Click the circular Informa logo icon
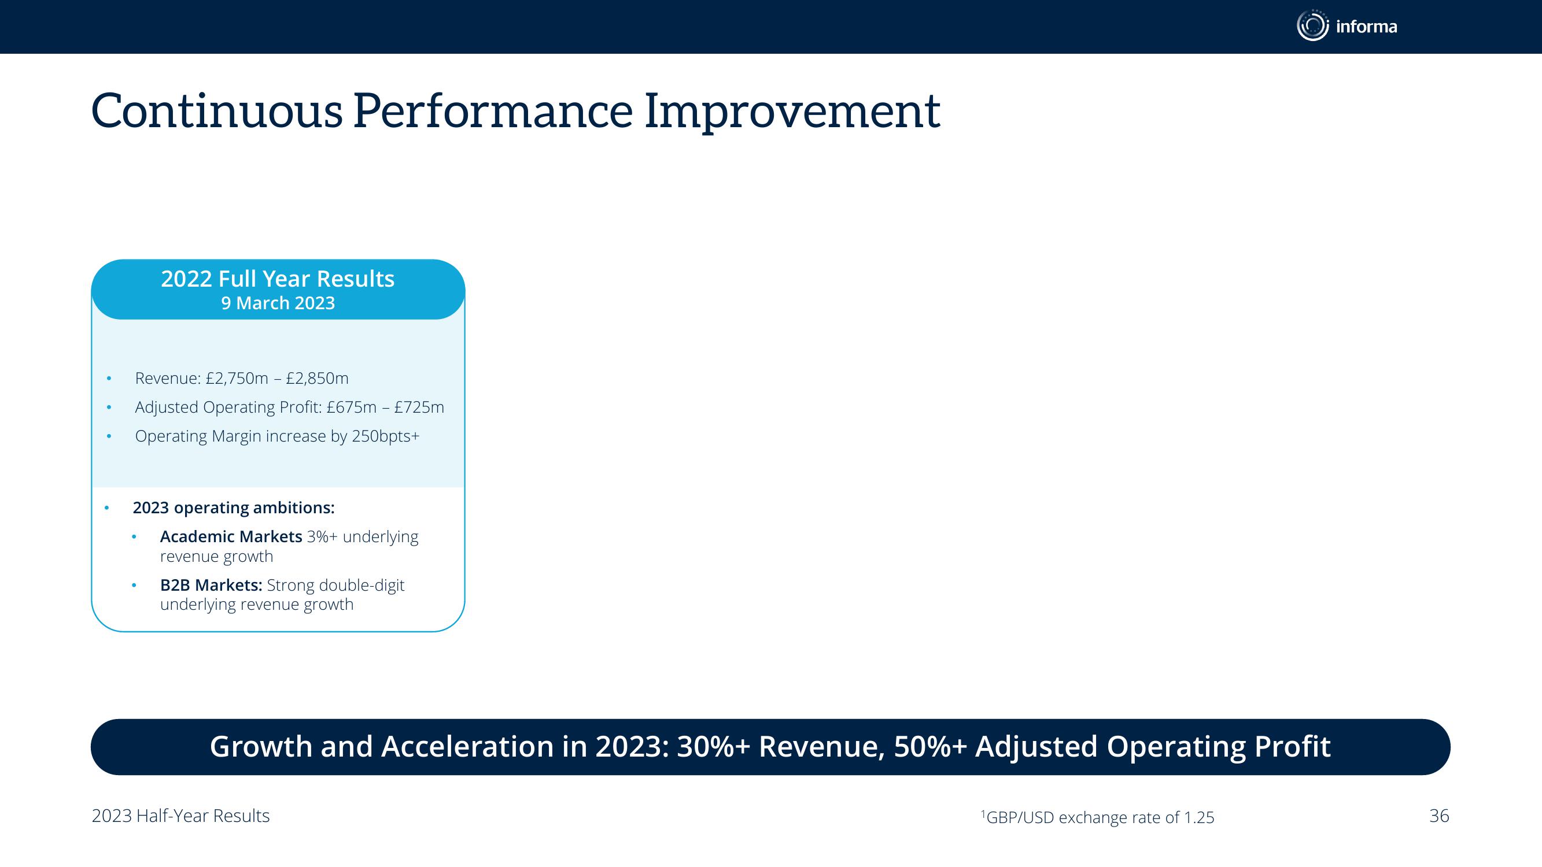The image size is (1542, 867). point(1312,26)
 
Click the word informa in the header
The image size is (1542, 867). point(1366,27)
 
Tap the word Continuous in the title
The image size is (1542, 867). point(217,111)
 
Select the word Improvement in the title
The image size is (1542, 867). point(792,112)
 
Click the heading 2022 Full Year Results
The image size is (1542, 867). point(278,279)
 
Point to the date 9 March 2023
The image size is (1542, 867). point(278,303)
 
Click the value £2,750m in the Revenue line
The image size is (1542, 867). point(237,379)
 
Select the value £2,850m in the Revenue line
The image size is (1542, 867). point(316,379)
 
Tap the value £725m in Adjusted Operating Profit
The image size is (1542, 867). point(419,407)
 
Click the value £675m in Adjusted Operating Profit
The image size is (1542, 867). point(352,407)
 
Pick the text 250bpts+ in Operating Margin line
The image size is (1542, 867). point(385,437)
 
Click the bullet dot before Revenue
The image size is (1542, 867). point(109,378)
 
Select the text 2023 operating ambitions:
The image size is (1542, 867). point(234,508)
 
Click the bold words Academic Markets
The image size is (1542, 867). point(231,537)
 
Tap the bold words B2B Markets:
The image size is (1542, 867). point(211,585)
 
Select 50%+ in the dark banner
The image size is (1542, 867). point(930,747)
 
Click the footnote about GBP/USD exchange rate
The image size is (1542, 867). point(1097,817)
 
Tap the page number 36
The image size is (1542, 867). point(1439,816)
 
